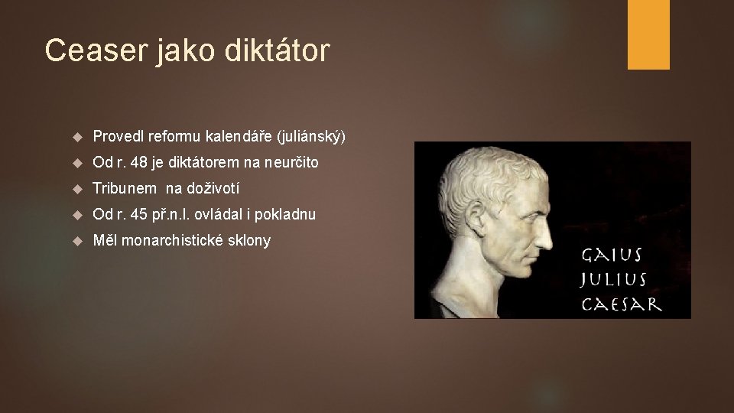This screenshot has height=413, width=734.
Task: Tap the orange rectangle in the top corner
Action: (648, 34)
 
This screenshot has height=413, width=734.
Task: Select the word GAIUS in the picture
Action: (612, 255)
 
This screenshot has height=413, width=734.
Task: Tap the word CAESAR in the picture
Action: (622, 304)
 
